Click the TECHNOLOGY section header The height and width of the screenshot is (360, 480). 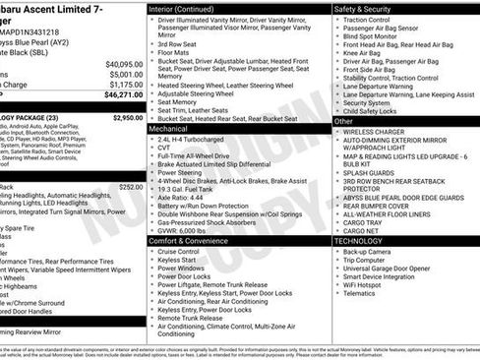[x=358, y=240]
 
